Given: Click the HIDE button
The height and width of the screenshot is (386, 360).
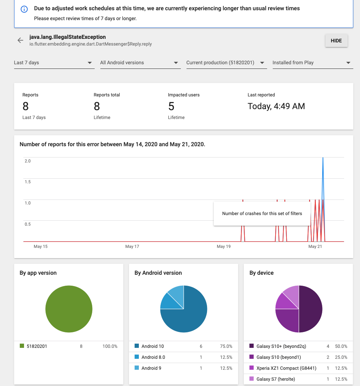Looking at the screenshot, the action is click(x=336, y=41).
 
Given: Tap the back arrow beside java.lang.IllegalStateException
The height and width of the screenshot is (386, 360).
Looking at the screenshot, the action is click(x=20, y=40).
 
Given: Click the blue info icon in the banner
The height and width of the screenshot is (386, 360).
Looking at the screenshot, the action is click(x=24, y=9).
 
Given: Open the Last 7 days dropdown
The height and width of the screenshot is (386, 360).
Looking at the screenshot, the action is click(x=54, y=63).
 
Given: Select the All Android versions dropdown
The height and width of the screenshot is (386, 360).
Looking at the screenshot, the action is click(x=140, y=63).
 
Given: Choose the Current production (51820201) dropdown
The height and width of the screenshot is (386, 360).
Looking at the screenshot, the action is click(x=226, y=63).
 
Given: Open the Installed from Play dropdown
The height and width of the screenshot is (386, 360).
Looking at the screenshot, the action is click(x=313, y=63).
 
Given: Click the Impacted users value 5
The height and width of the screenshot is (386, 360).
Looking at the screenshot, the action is click(x=171, y=106).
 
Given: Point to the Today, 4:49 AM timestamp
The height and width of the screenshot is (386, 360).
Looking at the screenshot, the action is click(x=276, y=106).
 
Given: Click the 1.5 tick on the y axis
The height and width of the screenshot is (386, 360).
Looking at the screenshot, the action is click(x=28, y=182).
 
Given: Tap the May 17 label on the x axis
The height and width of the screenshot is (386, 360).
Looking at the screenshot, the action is click(x=132, y=247).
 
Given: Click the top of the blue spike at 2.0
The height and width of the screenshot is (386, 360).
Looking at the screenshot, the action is click(x=323, y=158).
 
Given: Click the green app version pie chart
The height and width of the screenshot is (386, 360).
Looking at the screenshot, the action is click(x=69, y=309).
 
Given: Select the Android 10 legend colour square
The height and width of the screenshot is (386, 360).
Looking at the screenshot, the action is click(x=137, y=346).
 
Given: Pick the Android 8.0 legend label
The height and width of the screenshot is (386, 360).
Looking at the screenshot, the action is click(x=153, y=357).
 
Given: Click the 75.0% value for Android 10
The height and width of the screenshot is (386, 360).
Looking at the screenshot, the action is click(x=226, y=346).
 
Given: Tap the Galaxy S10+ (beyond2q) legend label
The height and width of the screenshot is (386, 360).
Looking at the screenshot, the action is click(x=281, y=346).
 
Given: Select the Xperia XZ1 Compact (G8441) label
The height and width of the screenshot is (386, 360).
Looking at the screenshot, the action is click(x=287, y=368).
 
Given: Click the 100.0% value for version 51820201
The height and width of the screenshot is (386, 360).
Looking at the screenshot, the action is click(x=110, y=346).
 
